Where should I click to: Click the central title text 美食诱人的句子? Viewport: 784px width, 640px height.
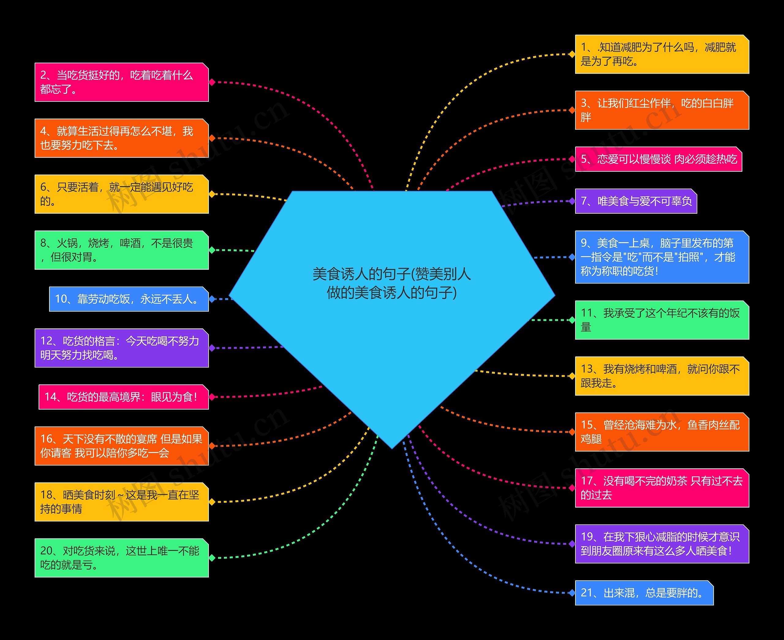pos(391,283)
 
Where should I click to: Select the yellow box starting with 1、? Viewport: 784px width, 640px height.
pos(662,54)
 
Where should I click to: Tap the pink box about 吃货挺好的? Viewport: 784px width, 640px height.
pos(122,82)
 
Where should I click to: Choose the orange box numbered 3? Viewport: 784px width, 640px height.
pos(662,110)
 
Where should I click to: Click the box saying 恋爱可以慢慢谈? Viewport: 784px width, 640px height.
pos(658,159)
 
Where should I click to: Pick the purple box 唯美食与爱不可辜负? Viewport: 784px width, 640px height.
pos(636,201)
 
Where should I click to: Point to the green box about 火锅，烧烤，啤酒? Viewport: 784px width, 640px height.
pos(122,250)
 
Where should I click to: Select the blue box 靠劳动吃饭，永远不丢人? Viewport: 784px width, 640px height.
pos(129,299)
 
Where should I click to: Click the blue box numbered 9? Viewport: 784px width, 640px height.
pos(662,257)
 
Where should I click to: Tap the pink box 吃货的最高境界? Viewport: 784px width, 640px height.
pos(124,397)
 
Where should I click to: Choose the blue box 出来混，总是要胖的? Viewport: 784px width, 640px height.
pos(644,593)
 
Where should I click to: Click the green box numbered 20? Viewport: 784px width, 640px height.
pos(122,558)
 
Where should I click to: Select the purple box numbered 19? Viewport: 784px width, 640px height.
pos(662,544)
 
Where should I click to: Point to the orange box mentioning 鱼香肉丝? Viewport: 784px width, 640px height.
pos(662,432)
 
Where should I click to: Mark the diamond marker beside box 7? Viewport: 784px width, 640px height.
pos(572,201)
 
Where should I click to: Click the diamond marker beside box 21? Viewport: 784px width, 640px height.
pos(572,593)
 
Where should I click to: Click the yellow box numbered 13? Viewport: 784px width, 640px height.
pos(662,376)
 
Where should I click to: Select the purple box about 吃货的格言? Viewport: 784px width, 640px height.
pos(122,348)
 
